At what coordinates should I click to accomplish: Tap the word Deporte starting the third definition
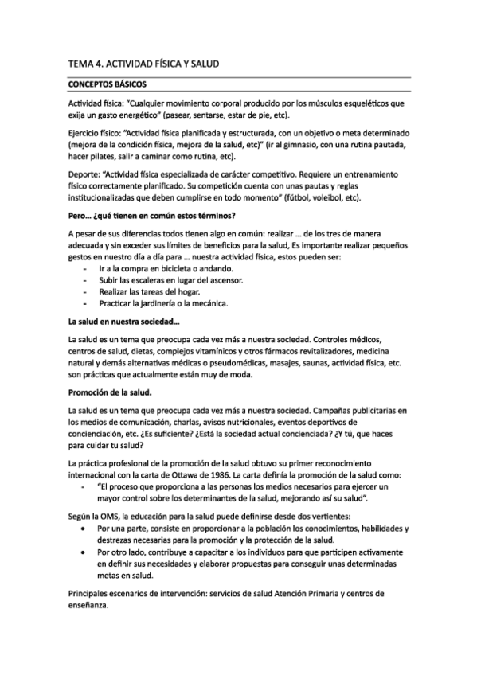coord(85,173)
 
